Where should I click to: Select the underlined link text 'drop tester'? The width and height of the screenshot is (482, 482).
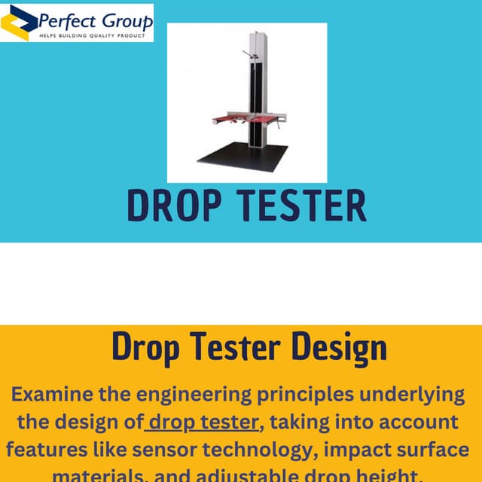(203, 422)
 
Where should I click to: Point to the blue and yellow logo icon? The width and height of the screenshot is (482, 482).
(18, 23)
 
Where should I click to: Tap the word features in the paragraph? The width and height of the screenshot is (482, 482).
(47, 450)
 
